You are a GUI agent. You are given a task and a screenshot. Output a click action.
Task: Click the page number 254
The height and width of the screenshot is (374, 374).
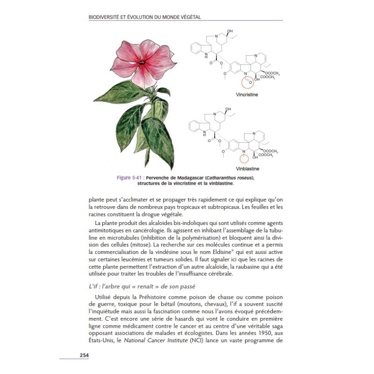pos(84,355)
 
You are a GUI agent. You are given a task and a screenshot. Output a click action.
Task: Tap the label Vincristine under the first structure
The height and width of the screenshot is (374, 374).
pos(247,94)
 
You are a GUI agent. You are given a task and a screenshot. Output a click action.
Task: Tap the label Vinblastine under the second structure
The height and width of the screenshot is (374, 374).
pos(248,168)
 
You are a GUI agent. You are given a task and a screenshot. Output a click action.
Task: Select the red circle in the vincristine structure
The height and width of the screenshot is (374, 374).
pos(248,82)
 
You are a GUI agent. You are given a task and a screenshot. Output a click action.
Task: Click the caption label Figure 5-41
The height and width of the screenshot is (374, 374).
pos(129,178)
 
